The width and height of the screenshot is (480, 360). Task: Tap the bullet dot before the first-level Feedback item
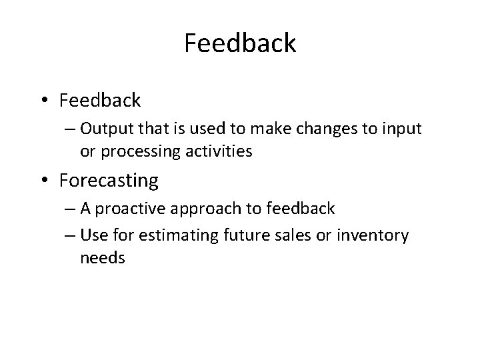click(45, 101)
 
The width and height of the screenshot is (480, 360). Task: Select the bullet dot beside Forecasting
click(45, 181)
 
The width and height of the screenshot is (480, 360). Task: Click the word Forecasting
click(109, 181)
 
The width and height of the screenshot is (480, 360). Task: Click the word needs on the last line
click(103, 257)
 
